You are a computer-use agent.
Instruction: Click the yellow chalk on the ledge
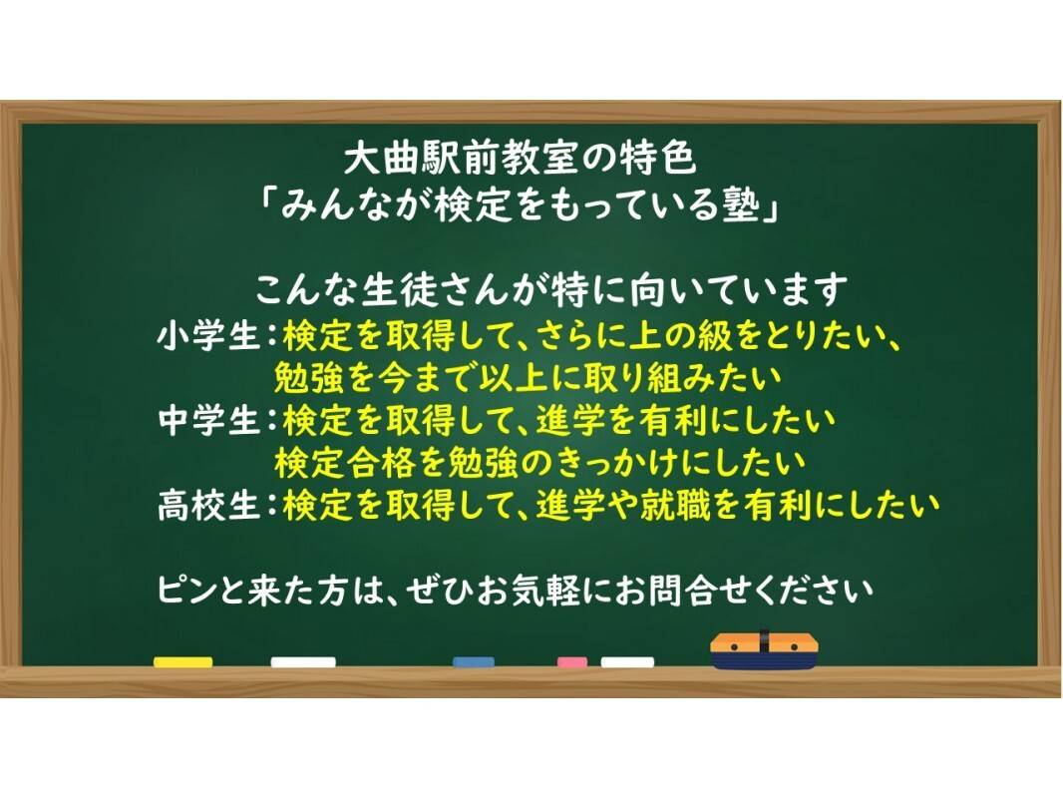183,661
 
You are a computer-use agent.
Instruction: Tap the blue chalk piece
474,661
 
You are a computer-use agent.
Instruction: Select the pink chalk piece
572,661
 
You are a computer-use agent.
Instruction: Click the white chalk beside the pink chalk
628,661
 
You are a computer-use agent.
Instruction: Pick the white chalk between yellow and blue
303,661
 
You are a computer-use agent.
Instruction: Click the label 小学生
208,336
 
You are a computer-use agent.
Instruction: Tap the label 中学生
208,420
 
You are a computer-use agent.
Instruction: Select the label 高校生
208,505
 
